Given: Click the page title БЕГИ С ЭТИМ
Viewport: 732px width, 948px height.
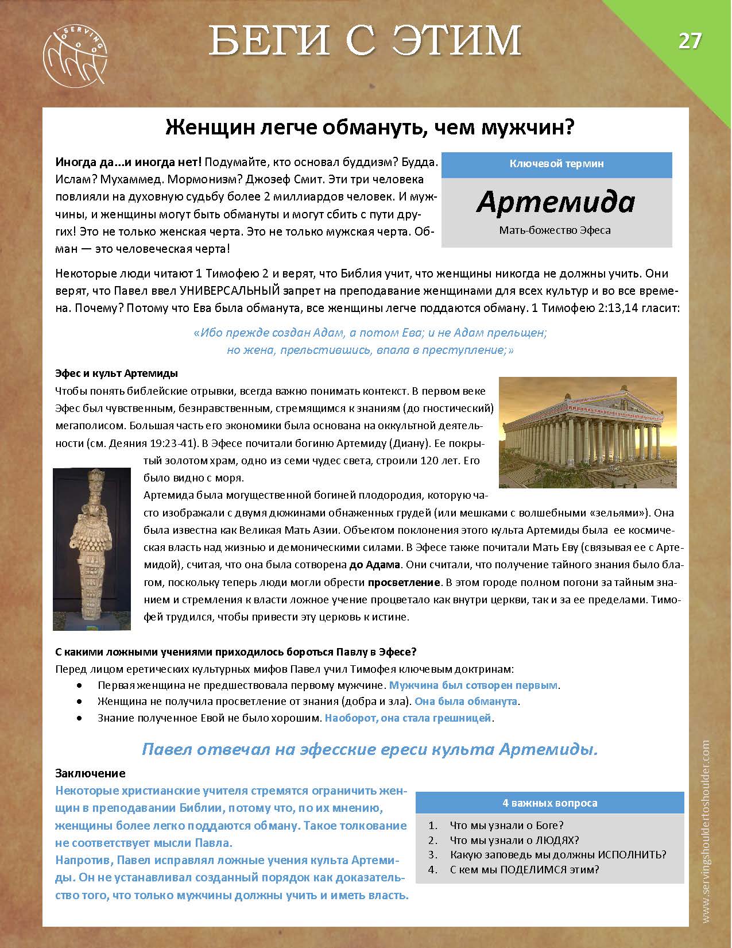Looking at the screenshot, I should (x=365, y=41).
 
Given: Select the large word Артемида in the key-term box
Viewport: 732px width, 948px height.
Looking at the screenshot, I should (x=556, y=202).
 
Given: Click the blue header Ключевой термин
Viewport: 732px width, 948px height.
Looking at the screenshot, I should (x=556, y=164).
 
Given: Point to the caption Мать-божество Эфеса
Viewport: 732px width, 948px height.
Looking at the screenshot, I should (x=555, y=230).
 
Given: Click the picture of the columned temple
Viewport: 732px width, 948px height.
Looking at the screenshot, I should (x=588, y=432).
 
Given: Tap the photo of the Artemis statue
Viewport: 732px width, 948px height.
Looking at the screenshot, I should (x=92, y=549).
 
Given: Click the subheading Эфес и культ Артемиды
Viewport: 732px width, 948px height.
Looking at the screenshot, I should (x=117, y=373).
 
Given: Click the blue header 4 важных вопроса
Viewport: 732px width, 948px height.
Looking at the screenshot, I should (x=549, y=803).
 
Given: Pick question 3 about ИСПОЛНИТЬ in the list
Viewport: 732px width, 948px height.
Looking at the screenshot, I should (x=558, y=854).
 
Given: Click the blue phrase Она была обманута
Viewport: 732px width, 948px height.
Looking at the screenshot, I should (x=466, y=702).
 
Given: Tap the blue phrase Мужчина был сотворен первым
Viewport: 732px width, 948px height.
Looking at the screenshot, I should (x=474, y=685).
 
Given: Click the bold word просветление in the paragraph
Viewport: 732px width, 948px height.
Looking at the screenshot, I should (x=404, y=583).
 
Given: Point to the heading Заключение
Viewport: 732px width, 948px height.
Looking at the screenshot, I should (x=90, y=773).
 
